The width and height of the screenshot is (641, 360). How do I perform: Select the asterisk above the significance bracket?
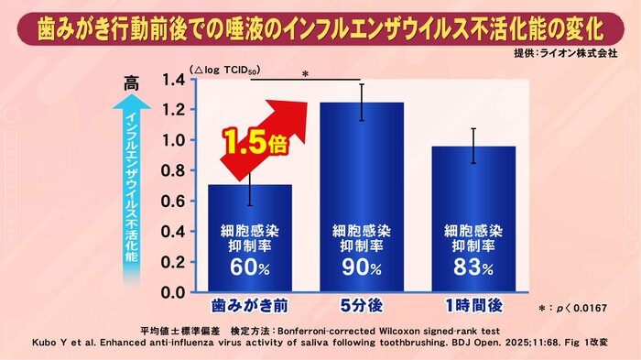pos(304,74)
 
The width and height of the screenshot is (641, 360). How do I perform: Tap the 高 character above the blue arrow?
pos(130,82)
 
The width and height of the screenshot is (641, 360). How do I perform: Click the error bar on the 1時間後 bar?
pos(473,146)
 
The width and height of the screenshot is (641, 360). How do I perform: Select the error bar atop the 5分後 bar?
pos(362,102)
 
